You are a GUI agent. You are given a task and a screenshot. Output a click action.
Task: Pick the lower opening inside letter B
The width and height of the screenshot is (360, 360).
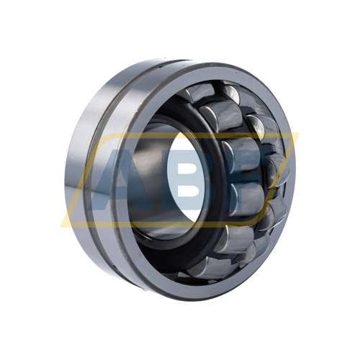point(191,192)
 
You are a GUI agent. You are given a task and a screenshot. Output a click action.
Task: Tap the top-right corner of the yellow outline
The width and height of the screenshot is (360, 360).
point(299,133)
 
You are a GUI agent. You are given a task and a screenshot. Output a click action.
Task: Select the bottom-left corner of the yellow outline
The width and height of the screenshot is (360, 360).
point(61,226)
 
